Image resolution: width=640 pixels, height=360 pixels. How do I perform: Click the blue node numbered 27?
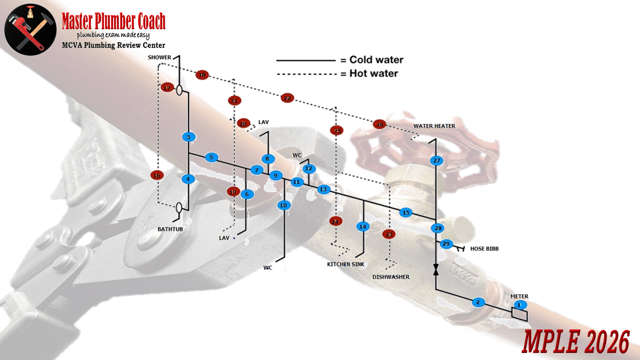436,160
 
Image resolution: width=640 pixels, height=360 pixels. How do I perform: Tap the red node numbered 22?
287,98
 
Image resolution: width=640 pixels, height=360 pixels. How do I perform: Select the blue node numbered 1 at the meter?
519,304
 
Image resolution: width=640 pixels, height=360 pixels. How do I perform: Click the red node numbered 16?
157,175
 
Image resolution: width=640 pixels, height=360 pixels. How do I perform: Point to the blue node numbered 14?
362,226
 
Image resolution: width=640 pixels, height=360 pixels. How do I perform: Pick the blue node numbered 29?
446,244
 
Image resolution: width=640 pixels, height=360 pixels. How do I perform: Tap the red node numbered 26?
379,124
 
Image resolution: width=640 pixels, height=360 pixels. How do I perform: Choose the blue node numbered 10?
284,205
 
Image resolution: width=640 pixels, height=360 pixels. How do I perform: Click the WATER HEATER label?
434,126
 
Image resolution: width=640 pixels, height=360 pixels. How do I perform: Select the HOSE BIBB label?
484,248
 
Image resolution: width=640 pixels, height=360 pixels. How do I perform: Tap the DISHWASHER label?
390,277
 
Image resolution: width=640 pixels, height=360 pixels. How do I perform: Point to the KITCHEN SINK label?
346,264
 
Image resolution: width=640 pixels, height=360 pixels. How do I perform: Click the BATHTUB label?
170,229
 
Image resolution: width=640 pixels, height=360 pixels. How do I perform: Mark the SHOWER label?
159,57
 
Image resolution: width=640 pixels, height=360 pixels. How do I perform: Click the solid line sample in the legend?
305,60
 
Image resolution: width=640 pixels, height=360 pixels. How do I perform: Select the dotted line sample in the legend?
305,74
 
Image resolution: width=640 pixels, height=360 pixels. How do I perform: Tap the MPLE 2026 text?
575,343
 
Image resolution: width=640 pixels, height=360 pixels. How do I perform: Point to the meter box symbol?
519,314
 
